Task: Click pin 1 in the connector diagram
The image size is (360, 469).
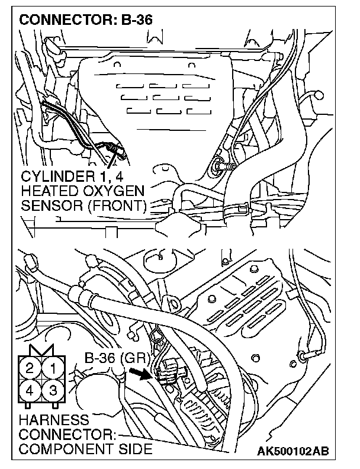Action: pos(53,369)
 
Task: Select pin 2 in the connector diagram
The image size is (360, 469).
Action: pos(28,369)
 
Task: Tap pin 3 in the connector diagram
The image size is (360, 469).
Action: pos(53,390)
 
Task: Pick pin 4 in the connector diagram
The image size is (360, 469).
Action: pos(28,390)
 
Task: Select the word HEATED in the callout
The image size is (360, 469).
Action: pos(44,191)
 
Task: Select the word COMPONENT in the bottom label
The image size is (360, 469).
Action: pos(62,448)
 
